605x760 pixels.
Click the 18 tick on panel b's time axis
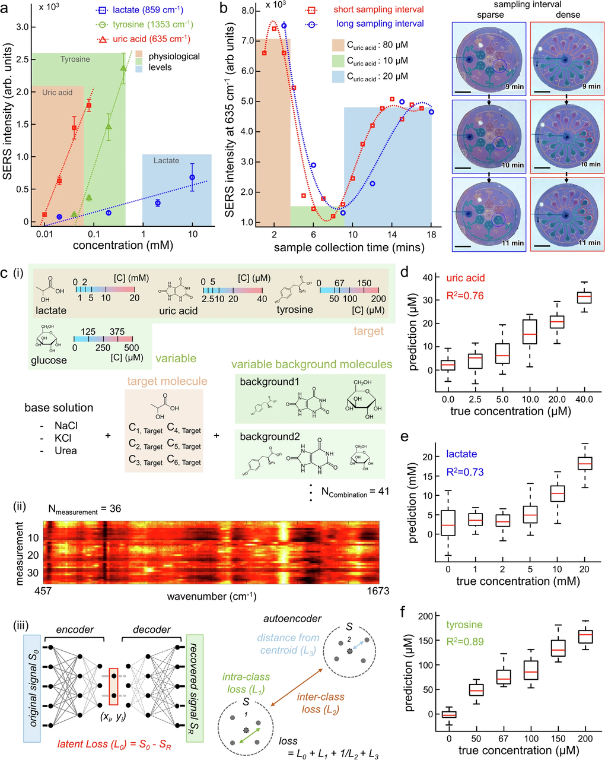coord(431,235)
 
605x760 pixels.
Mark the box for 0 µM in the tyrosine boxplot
coord(449,714)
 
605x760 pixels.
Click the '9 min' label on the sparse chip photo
coord(514,87)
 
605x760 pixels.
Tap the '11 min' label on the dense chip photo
coord(590,243)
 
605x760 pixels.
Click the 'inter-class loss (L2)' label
coord(321,702)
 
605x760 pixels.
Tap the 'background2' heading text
coord(267,436)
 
